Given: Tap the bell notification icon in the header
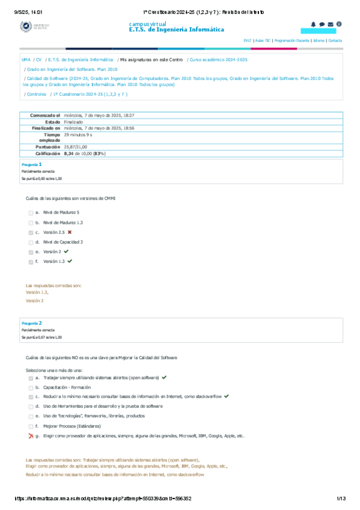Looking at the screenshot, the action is (x=313, y=24).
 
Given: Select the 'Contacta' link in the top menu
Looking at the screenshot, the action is (x=335, y=40).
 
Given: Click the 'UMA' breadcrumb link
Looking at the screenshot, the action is (x=26, y=60).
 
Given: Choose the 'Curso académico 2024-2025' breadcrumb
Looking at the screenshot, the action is (x=218, y=60).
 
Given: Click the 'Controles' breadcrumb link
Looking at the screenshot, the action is (x=37, y=94).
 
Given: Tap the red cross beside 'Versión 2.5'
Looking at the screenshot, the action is (x=70, y=232).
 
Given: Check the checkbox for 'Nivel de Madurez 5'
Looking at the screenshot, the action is (x=31, y=212).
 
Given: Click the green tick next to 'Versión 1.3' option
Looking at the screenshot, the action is (x=70, y=262).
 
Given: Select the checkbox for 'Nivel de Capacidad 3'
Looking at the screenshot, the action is (x=31, y=242).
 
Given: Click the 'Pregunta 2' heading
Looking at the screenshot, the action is (x=31, y=323).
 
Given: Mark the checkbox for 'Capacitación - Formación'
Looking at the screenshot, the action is (x=31, y=387).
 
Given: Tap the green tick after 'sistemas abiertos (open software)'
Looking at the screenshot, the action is (x=164, y=377).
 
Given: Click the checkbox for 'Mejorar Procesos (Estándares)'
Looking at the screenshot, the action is (x=31, y=426).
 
